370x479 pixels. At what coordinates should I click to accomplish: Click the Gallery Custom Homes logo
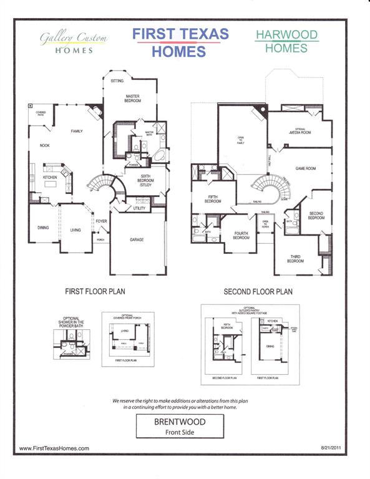click(74, 43)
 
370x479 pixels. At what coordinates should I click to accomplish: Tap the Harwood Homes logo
click(286, 41)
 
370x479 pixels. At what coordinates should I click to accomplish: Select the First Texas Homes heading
click(180, 42)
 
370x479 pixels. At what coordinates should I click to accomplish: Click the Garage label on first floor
click(137, 239)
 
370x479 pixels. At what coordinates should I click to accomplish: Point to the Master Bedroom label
click(133, 98)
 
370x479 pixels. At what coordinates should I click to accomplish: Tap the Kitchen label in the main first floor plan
click(50, 177)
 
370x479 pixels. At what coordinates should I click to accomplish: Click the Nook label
click(45, 145)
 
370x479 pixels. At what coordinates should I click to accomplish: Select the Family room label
click(77, 131)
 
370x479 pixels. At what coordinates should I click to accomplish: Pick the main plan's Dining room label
click(43, 228)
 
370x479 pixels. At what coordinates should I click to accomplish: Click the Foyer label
click(100, 221)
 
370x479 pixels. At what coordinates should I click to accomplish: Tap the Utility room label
click(139, 208)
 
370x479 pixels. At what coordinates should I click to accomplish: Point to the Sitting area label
click(117, 81)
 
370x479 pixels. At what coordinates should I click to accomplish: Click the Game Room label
click(306, 168)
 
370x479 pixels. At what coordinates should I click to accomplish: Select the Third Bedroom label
click(295, 259)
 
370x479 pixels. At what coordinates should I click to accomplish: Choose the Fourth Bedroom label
click(241, 236)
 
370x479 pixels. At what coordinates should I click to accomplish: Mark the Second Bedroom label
click(316, 216)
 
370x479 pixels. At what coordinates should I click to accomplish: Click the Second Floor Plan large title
click(258, 291)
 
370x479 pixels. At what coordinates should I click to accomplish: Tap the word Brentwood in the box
click(180, 422)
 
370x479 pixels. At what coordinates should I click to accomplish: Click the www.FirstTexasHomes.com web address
click(54, 448)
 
